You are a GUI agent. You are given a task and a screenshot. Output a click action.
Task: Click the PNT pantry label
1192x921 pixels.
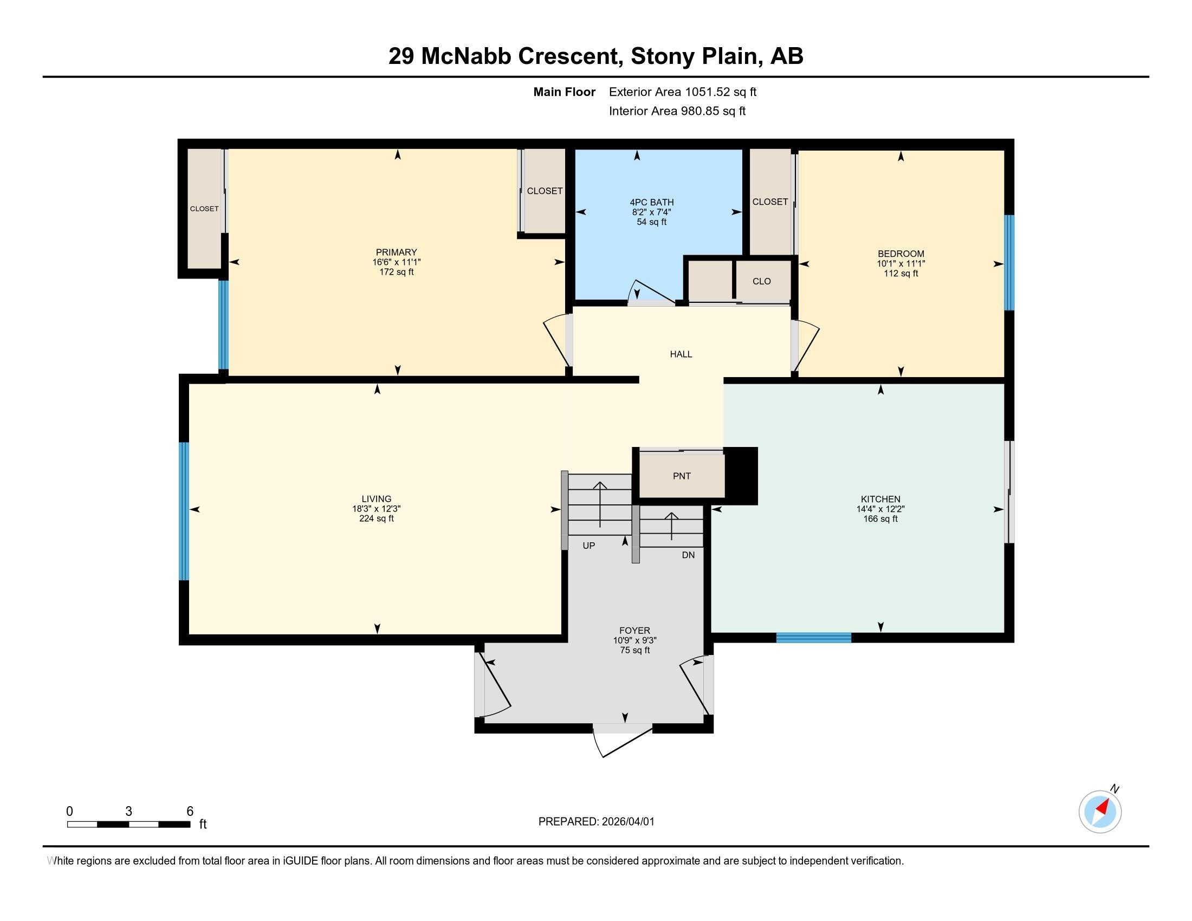click(x=682, y=476)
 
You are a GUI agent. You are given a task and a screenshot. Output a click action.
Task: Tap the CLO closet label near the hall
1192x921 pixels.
click(x=761, y=281)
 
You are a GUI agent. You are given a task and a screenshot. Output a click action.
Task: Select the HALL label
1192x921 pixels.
click(x=681, y=354)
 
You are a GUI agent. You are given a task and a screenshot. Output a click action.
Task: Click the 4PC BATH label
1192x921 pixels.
click(x=652, y=203)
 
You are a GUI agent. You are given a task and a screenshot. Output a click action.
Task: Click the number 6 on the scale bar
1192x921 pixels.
click(x=190, y=811)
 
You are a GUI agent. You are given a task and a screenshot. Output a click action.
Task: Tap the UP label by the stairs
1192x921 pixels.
click(x=588, y=546)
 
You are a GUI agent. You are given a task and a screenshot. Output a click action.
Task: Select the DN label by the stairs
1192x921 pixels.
click(x=688, y=555)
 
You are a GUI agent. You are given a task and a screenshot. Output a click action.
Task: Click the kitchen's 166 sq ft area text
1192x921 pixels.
click(x=880, y=519)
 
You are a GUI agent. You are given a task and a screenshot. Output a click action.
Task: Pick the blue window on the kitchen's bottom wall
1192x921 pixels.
click(x=813, y=637)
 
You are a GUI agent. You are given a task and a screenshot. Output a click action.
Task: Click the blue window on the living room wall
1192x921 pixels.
click(x=184, y=511)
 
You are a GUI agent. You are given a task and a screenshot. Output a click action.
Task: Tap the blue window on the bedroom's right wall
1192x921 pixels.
click(x=1010, y=262)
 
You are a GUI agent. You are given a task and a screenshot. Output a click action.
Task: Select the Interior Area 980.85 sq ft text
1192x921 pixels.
click(x=677, y=111)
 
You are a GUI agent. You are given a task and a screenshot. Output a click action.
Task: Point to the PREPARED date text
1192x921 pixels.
click(x=596, y=822)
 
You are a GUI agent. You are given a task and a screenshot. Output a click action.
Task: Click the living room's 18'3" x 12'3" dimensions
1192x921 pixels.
click(x=376, y=509)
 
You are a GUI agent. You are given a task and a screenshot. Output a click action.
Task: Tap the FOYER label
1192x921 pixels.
click(x=634, y=631)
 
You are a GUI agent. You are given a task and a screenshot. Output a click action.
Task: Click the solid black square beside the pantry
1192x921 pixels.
click(x=741, y=476)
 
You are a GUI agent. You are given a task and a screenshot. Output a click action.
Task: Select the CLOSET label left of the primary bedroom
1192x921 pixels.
click(x=204, y=209)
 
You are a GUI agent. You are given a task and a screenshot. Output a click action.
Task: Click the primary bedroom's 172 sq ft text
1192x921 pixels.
click(x=396, y=272)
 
